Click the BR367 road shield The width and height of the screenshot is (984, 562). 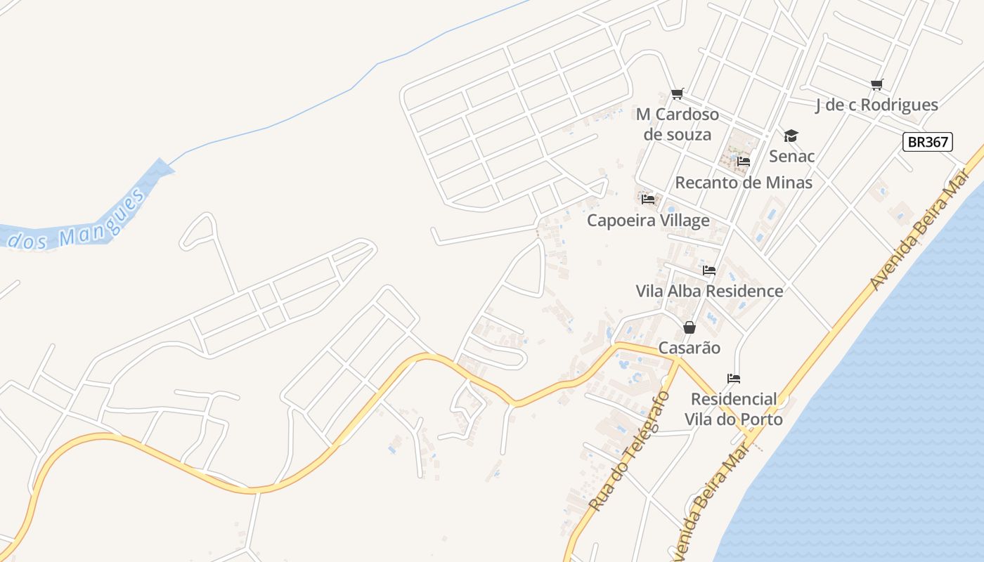pyautogui.click(x=927, y=142)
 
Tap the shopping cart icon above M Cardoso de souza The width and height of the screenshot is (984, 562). pyautogui.click(x=678, y=93)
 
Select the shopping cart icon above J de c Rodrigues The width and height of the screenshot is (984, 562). pyautogui.click(x=876, y=85)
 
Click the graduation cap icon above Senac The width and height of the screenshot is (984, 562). pyautogui.click(x=791, y=136)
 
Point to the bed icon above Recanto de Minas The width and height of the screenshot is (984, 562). pyautogui.click(x=744, y=162)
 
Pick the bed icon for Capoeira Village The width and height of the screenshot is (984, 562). pyautogui.click(x=648, y=200)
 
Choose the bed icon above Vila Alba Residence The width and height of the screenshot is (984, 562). pyautogui.click(x=709, y=270)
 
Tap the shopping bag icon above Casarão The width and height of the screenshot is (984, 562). pyautogui.click(x=690, y=327)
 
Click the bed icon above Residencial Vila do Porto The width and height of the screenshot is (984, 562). pyautogui.click(x=734, y=379)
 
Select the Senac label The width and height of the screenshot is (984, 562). pyautogui.click(x=792, y=156)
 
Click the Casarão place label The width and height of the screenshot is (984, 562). pyautogui.click(x=690, y=348)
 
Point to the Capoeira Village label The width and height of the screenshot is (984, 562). pyautogui.click(x=648, y=221)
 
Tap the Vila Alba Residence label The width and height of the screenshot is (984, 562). pyautogui.click(x=709, y=291)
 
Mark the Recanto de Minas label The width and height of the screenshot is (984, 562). pyautogui.click(x=744, y=183)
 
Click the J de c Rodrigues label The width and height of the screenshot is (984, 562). pyautogui.click(x=876, y=105)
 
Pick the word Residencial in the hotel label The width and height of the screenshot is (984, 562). pyautogui.click(x=734, y=399)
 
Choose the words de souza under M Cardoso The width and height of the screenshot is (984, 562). pyautogui.click(x=678, y=134)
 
